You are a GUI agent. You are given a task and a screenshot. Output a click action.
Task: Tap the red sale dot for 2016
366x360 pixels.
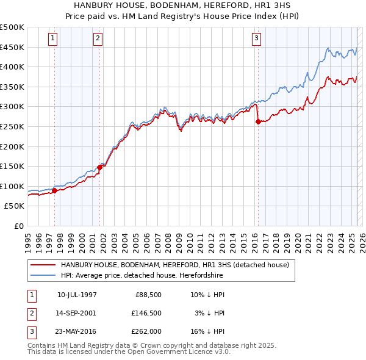click(x=258, y=121)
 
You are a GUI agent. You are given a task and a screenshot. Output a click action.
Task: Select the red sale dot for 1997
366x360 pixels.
click(x=55, y=190)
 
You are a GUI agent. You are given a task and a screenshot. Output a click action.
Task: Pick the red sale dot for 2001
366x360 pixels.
click(x=100, y=167)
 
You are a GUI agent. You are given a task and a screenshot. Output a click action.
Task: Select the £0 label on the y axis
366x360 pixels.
click(x=18, y=226)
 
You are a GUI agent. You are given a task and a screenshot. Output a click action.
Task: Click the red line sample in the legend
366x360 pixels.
click(x=42, y=265)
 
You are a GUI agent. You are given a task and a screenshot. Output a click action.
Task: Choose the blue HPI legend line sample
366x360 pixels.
click(x=42, y=276)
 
